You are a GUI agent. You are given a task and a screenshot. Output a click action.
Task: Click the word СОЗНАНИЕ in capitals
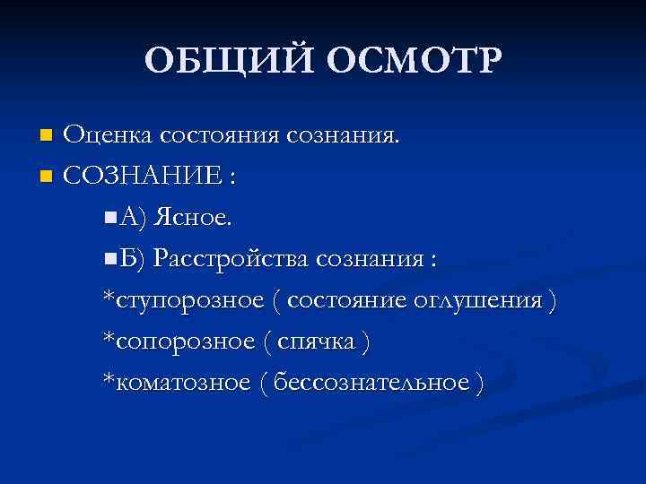point(142,176)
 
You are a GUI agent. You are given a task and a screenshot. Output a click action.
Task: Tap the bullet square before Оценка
point(47,136)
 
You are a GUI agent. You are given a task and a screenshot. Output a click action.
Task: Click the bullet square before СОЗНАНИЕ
point(47,177)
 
